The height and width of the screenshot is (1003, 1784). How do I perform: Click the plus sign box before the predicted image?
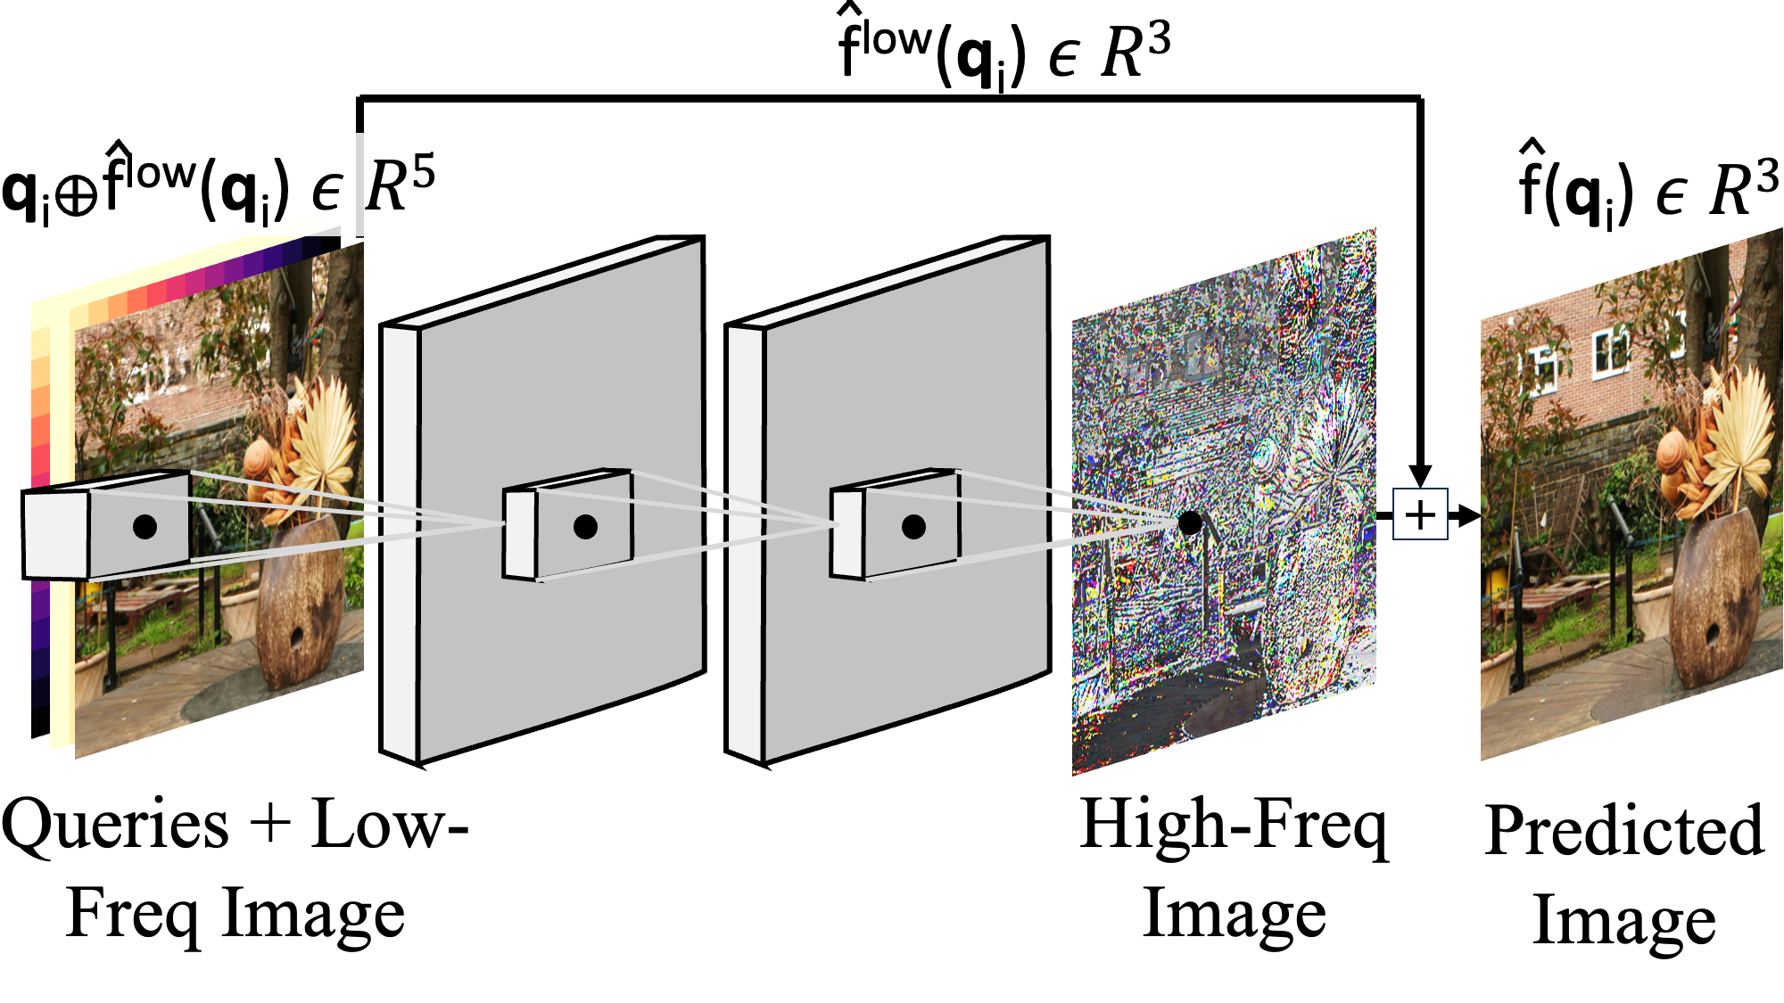[1420, 514]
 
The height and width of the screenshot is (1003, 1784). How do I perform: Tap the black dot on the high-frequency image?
[1189, 522]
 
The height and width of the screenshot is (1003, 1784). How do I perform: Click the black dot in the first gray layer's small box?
[585, 527]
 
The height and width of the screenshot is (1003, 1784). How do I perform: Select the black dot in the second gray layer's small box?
[913, 527]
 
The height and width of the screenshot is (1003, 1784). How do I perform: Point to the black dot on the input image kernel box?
[145, 526]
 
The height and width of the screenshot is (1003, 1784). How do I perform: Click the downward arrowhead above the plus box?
[1420, 475]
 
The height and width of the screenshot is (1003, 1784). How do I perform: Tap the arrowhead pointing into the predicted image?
[1468, 514]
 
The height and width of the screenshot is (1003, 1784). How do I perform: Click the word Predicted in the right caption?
[1624, 831]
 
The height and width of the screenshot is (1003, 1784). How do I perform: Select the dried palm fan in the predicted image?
[1735, 428]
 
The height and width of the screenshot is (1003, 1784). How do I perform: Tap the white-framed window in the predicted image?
[1610, 349]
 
